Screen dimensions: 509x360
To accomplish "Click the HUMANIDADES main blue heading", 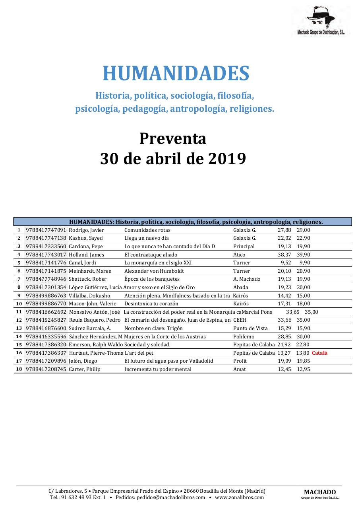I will point(176,74).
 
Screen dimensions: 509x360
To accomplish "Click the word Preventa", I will point(172,138).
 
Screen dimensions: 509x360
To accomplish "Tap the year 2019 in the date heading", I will point(227,159).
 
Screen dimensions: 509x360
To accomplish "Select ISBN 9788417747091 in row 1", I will point(46,230).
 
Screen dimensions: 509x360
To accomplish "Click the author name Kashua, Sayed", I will point(86,238).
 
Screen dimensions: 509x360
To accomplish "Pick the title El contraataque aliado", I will point(151,254).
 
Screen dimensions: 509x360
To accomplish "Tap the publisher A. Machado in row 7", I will point(246,279).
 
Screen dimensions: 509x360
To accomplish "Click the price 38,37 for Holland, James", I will point(284,254).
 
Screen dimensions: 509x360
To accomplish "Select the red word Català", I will point(320,353).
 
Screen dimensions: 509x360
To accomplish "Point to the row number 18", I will point(19,369).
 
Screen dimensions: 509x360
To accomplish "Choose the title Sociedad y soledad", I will point(147,344).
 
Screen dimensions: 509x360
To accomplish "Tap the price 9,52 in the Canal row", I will point(286,263).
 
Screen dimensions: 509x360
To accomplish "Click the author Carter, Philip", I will point(85,369).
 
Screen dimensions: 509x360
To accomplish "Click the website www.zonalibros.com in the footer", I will point(239,497).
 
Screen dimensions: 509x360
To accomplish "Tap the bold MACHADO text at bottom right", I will point(320,492).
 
